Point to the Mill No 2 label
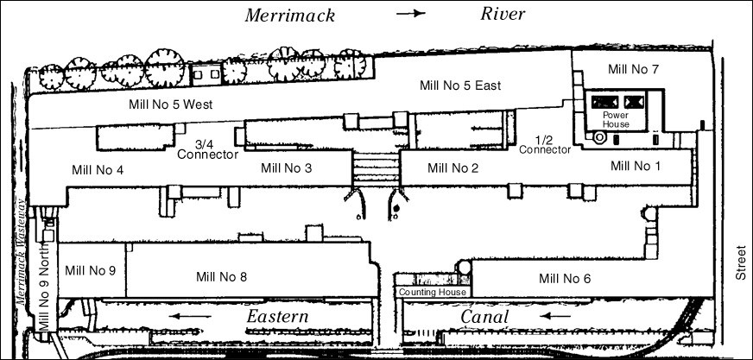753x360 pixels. click(453, 168)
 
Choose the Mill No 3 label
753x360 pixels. click(287, 167)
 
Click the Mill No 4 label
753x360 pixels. click(98, 169)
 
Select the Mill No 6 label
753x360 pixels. click(565, 278)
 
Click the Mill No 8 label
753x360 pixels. click(222, 277)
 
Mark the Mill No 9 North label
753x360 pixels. click(44, 291)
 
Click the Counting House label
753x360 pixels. click(432, 293)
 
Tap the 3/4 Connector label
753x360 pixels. click(207, 149)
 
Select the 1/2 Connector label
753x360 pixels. click(545, 144)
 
